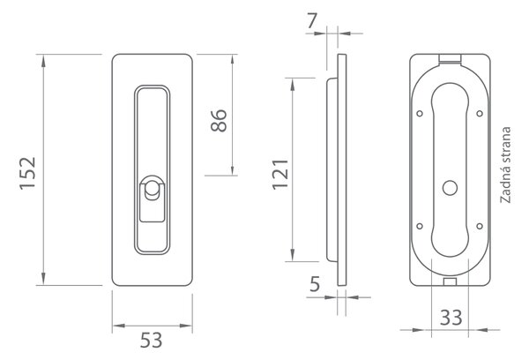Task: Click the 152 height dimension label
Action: coord(27,173)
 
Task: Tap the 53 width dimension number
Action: coord(152,340)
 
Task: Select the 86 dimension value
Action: coord(219,120)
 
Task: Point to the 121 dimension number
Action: coord(280,174)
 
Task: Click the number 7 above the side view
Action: coord(312,21)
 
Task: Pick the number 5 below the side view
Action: coord(315,284)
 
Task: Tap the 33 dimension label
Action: coord(451,318)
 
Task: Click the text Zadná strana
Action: coord(505,165)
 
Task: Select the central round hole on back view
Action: coord(450,188)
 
